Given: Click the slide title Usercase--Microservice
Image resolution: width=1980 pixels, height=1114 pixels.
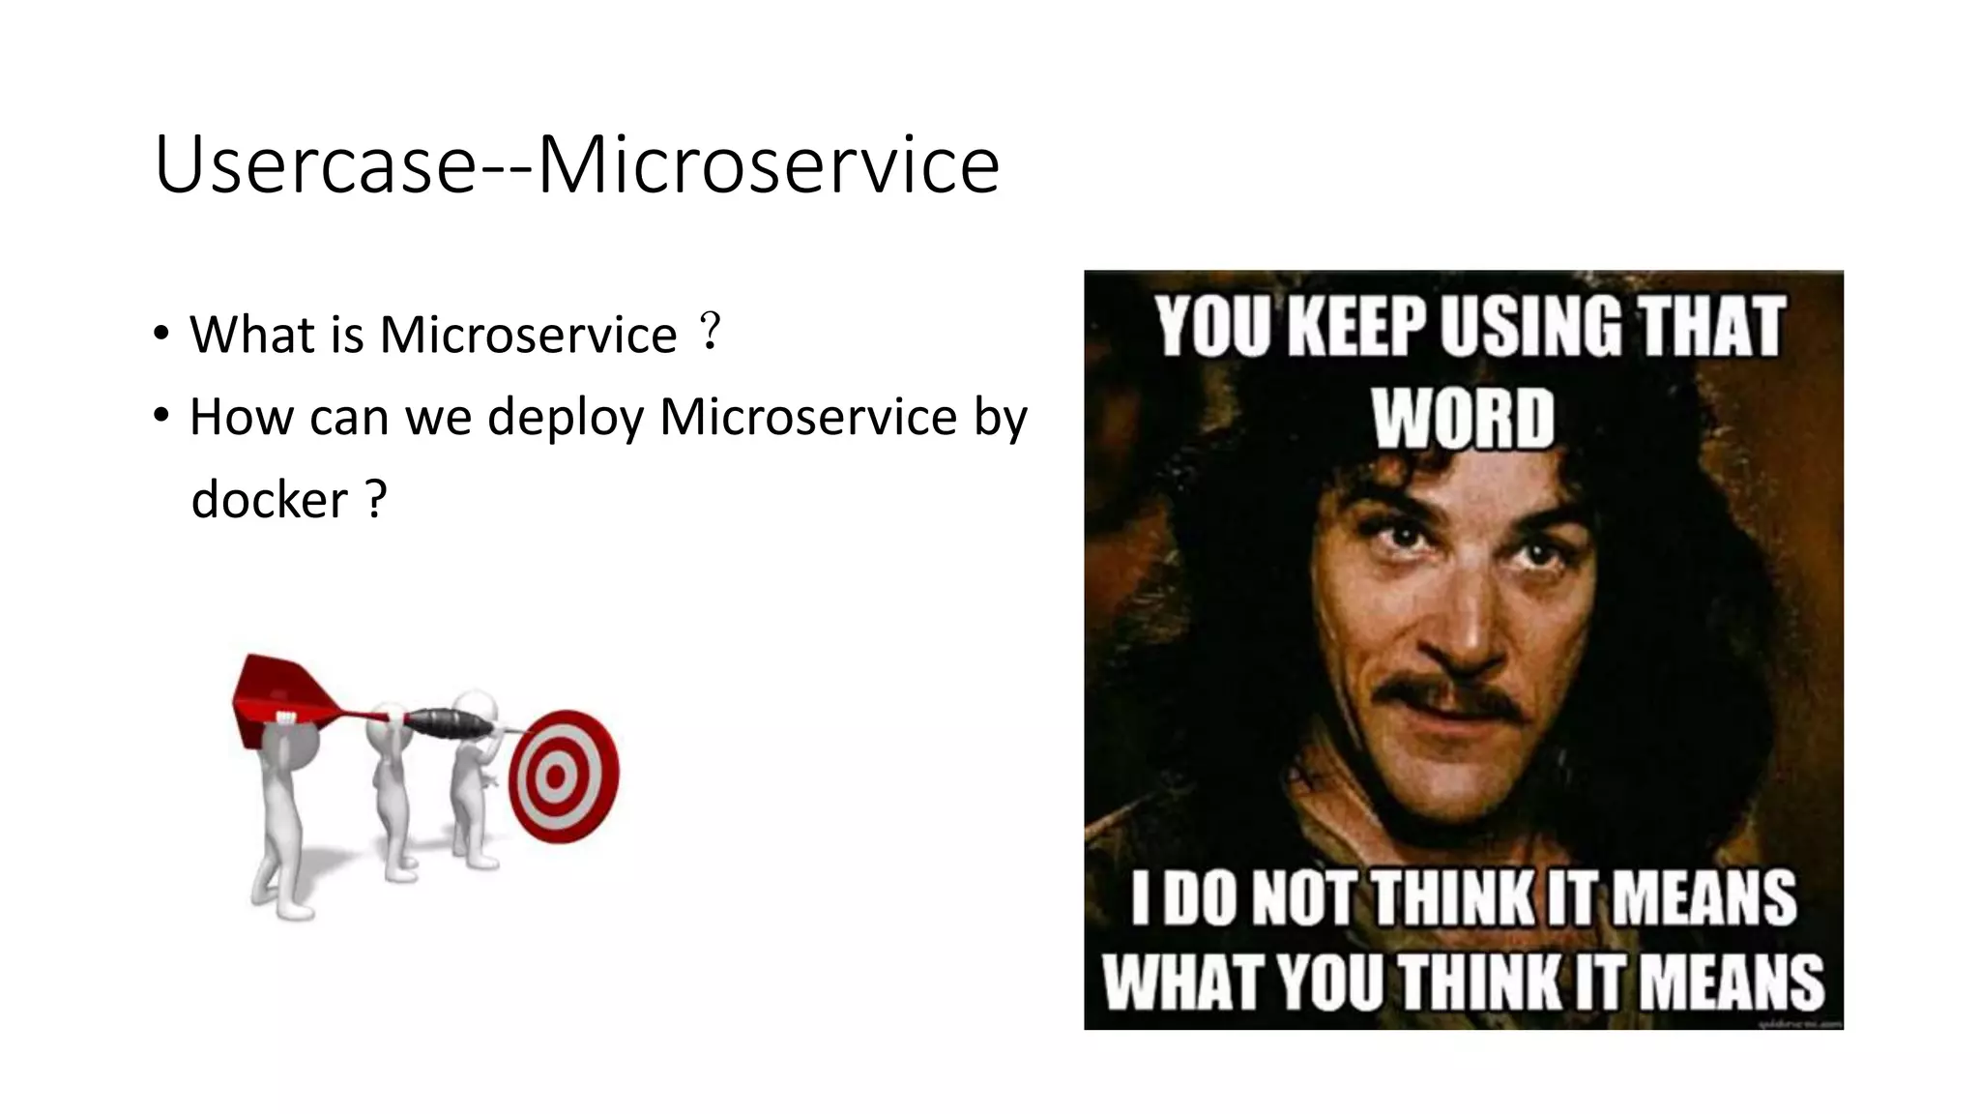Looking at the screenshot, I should (576, 164).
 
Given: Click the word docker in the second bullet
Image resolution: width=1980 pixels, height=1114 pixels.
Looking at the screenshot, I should (269, 500).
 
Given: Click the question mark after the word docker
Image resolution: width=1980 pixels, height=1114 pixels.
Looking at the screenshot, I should (376, 500).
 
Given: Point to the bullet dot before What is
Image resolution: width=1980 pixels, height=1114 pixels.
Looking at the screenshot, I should (161, 335).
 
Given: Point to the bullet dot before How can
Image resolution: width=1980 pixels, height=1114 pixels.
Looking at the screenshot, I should (161, 417).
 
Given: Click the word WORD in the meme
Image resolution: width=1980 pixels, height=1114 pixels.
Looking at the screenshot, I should (1463, 419).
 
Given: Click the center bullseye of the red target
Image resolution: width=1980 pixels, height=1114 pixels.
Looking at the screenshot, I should (556, 777).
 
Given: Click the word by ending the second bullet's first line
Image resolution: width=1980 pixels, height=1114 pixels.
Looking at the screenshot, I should (1001, 418).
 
